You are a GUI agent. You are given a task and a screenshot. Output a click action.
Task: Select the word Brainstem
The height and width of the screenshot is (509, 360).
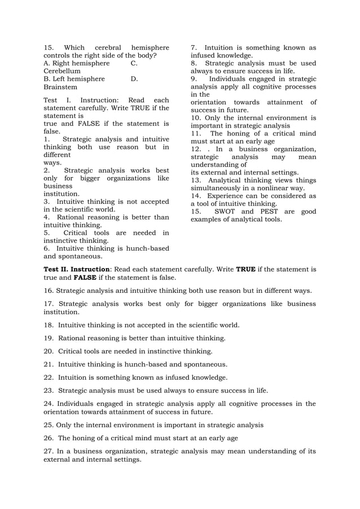point(61,87)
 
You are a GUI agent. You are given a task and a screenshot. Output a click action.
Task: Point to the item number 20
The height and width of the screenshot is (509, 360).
point(48,351)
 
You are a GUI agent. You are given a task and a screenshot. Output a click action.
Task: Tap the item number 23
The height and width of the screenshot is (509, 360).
point(48,390)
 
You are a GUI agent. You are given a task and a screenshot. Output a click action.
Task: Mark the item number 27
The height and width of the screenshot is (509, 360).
point(48,451)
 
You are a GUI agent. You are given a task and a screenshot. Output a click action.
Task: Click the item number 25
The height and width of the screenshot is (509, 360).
point(48,425)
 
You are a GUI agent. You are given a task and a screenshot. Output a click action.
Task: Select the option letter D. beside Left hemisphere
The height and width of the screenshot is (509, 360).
point(134,80)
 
